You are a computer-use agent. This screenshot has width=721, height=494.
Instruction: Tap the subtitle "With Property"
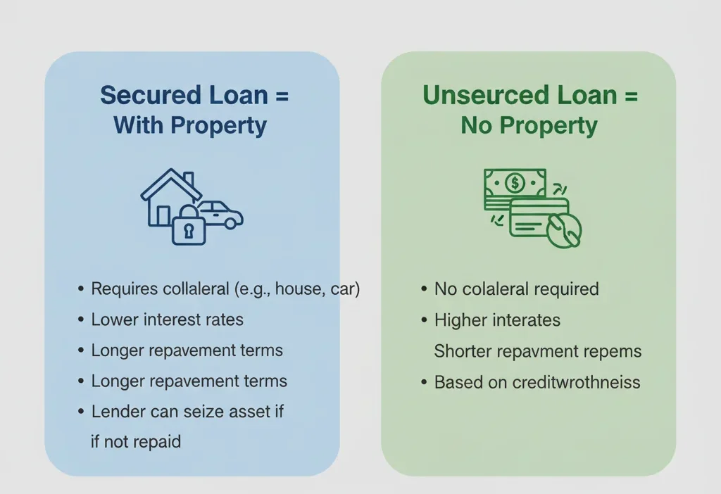pos(190,126)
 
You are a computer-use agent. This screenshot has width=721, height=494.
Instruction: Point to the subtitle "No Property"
pos(529,126)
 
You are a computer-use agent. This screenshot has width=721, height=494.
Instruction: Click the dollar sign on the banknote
pos(515,183)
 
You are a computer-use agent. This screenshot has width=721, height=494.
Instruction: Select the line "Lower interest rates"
pos(167,319)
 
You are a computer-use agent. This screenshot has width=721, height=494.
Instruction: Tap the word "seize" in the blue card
pos(206,412)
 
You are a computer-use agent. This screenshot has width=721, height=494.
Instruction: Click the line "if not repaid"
pos(136,442)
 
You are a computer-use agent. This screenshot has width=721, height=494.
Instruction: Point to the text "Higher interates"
pos(497,320)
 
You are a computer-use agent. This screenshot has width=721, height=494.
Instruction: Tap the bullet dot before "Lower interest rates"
pos(80,320)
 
